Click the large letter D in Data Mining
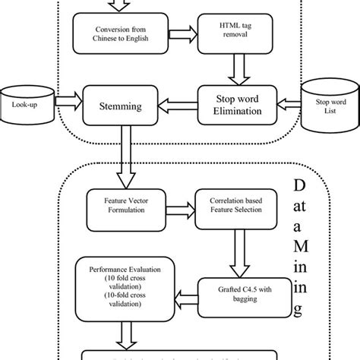(x=302, y=187)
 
